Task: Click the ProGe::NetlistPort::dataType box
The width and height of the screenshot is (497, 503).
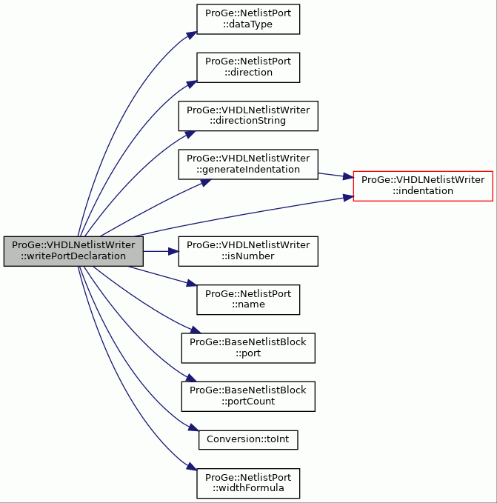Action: (x=248, y=19)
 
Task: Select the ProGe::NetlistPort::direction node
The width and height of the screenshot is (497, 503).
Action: (x=248, y=67)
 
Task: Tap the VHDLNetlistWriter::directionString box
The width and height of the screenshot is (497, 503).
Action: (x=248, y=116)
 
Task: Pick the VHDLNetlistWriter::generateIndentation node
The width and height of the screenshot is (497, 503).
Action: (x=248, y=164)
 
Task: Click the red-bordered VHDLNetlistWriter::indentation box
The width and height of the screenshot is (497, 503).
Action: (x=423, y=186)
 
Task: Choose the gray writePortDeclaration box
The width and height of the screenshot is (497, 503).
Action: (x=73, y=251)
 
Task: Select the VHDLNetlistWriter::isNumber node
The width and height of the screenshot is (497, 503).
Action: (x=248, y=251)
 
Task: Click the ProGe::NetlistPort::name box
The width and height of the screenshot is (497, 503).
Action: (x=248, y=299)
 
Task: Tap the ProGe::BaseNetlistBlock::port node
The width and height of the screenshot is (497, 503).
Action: (x=248, y=348)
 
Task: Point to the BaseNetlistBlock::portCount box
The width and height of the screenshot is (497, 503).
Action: (x=248, y=396)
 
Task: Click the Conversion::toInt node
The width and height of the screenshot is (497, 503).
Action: (x=248, y=440)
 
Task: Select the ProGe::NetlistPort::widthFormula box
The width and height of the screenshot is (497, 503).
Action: (x=248, y=484)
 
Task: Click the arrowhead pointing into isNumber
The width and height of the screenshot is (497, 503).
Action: (x=173, y=251)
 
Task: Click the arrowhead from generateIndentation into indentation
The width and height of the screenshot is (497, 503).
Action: (x=348, y=176)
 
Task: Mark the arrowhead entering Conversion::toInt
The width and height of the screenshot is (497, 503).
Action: (x=194, y=427)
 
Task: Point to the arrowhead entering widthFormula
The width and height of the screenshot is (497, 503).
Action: (x=192, y=467)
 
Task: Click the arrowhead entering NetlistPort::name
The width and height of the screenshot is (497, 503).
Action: (x=192, y=283)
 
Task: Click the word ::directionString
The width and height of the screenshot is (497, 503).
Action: (x=248, y=121)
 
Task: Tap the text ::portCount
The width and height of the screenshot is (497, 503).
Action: (x=248, y=402)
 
